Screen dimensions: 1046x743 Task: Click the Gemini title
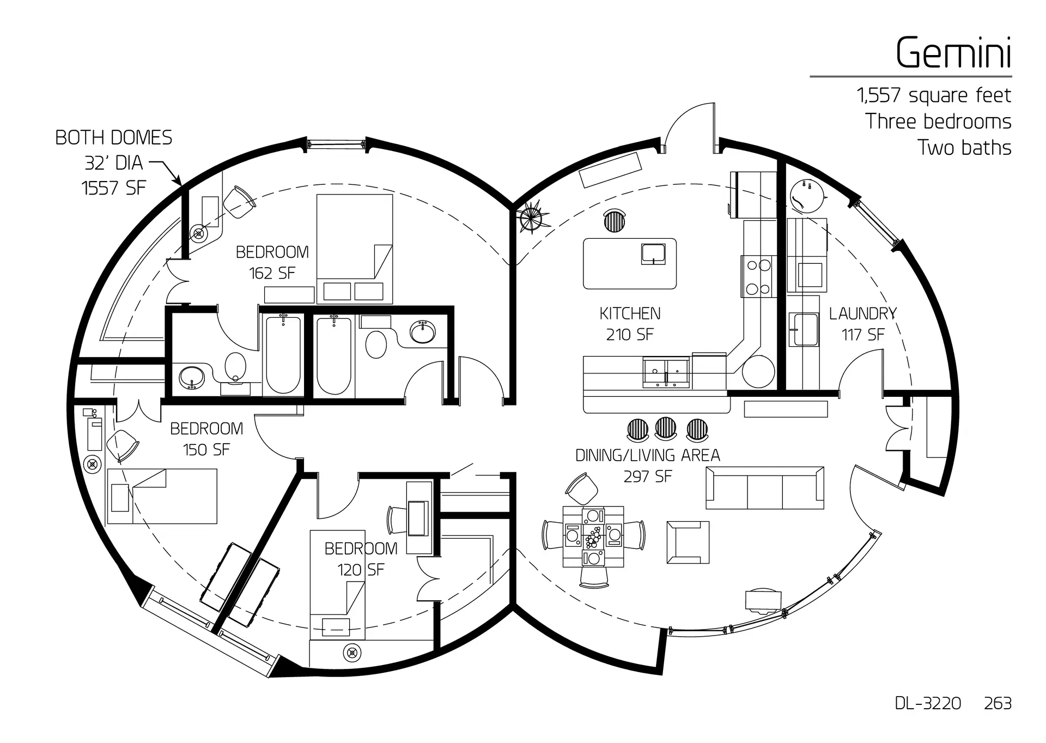953,53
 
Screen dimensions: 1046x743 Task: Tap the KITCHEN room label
630,313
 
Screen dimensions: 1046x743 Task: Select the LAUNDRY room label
862,313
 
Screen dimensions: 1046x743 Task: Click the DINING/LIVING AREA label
648,455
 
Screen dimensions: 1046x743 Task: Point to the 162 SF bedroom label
272,262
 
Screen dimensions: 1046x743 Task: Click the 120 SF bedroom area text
361,570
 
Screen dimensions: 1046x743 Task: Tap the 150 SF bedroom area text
206,449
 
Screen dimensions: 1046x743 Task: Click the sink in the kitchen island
653,254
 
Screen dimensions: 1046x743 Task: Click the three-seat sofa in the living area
765,488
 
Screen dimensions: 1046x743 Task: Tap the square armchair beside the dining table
688,542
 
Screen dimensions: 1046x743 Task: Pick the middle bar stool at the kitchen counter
665,429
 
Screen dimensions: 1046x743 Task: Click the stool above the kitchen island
615,220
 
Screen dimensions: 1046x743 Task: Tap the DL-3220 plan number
928,703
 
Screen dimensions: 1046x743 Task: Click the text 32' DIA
113,162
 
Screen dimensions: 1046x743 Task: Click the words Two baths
964,148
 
